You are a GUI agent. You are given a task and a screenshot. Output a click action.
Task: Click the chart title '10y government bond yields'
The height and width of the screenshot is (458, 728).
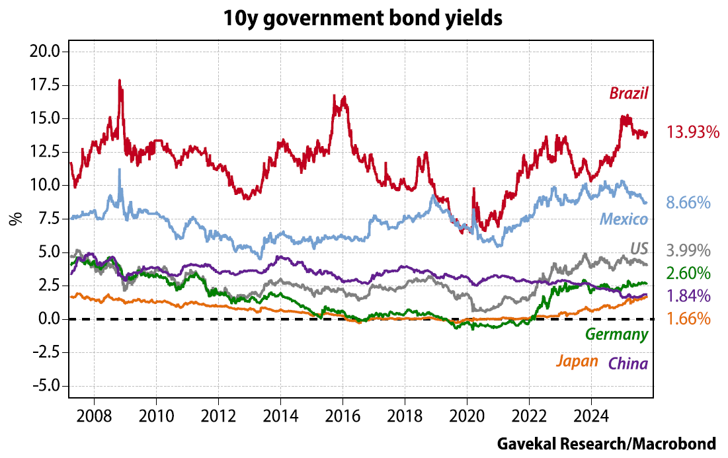click(x=362, y=18)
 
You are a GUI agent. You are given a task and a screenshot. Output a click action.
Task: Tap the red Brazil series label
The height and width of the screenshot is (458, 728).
click(x=628, y=93)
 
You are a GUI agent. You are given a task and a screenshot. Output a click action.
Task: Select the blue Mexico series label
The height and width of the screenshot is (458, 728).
click(x=624, y=219)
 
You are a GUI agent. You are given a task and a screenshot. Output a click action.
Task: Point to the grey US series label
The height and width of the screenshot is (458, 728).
click(x=637, y=248)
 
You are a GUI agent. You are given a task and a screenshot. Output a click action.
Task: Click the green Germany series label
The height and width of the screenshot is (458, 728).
click(x=616, y=334)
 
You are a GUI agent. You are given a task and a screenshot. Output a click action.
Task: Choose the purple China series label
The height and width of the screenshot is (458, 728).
click(x=627, y=363)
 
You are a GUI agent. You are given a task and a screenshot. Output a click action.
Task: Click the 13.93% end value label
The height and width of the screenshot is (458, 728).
click(x=692, y=132)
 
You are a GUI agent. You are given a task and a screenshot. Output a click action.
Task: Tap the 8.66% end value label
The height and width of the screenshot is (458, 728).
click(x=688, y=203)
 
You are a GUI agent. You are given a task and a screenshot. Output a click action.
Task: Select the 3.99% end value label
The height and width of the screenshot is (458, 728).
click(x=688, y=250)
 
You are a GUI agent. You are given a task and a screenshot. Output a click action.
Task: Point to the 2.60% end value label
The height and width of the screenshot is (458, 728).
click(x=688, y=273)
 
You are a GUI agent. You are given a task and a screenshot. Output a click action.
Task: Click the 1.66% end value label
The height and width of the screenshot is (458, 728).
click(x=688, y=319)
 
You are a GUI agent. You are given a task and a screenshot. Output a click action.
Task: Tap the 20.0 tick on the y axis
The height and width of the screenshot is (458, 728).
click(x=46, y=52)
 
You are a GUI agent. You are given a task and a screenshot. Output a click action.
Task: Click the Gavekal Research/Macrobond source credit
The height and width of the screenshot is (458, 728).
click(x=606, y=443)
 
